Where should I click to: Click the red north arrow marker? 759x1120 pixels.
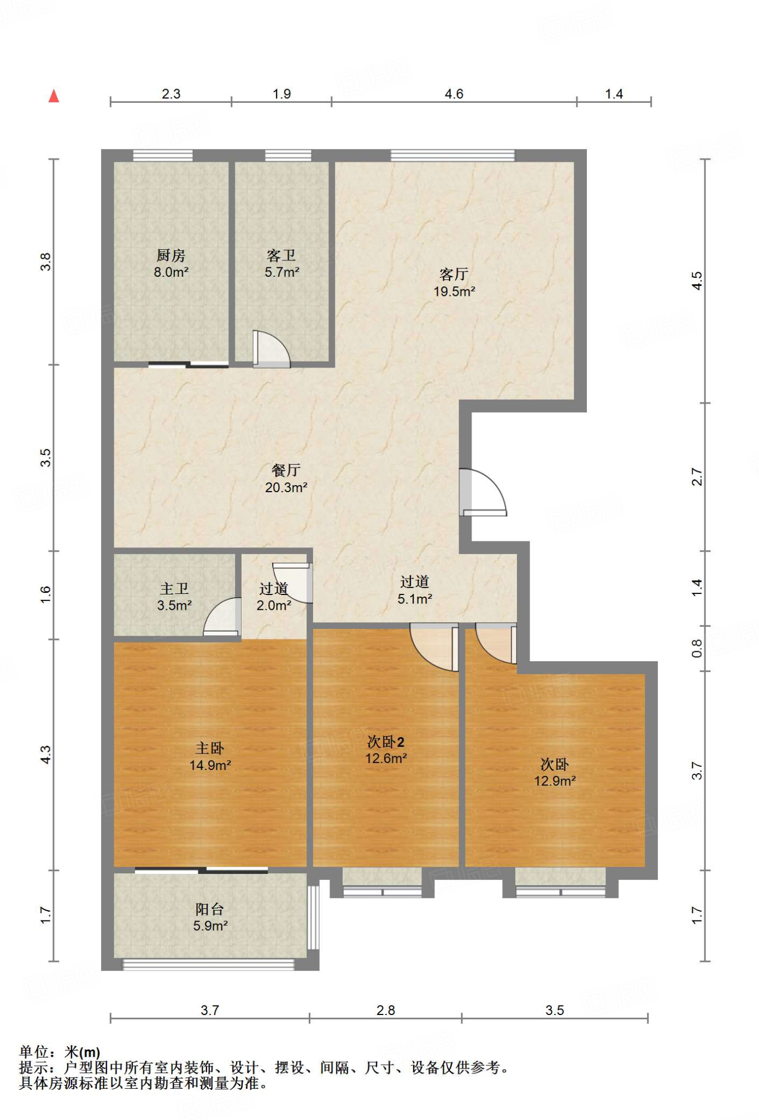point(54,96)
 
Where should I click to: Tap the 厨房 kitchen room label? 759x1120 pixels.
point(171,255)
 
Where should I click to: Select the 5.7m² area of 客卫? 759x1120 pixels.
point(282,272)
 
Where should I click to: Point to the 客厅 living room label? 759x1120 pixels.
point(454,274)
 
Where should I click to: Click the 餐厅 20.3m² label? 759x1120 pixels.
point(286,479)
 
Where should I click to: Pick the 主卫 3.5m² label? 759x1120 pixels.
point(174,597)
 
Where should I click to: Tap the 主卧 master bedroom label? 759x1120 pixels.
point(210,748)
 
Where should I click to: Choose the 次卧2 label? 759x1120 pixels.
point(386,742)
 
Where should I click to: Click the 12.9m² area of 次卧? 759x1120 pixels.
point(555,781)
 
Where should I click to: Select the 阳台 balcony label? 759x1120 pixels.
point(210,909)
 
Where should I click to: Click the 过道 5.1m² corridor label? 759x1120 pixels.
point(415,590)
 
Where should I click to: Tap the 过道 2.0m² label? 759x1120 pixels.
point(274,597)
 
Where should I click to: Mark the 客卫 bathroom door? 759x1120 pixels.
point(272,349)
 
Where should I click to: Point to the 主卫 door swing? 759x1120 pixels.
point(222,616)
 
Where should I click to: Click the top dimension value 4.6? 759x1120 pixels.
point(454,94)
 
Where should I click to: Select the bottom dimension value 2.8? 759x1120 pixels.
point(386,1010)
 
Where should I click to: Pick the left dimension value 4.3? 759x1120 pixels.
point(45,755)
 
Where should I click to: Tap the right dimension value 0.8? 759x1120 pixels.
point(697,649)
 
